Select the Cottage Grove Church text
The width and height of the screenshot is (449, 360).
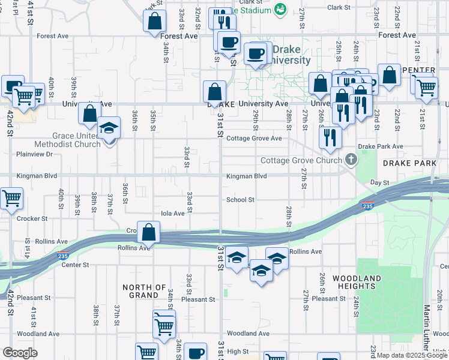(300, 161)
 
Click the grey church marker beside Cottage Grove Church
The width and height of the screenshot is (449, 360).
(351, 160)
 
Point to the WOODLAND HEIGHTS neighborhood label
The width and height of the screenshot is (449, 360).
(357, 283)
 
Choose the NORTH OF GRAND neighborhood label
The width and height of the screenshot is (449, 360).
(144, 291)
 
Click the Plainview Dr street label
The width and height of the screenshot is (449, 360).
(35, 154)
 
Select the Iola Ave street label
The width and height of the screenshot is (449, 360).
(173, 213)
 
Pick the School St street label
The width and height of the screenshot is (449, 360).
(240, 200)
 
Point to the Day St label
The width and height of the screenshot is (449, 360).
(379, 182)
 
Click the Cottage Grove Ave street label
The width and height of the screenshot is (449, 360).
(254, 139)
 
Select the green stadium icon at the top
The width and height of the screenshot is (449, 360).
(280, 8)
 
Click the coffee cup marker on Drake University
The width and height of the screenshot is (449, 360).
(256, 55)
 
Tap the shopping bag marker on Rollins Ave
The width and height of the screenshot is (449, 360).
(148, 233)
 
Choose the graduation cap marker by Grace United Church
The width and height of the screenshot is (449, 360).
(109, 128)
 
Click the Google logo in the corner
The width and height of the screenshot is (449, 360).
(20, 353)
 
